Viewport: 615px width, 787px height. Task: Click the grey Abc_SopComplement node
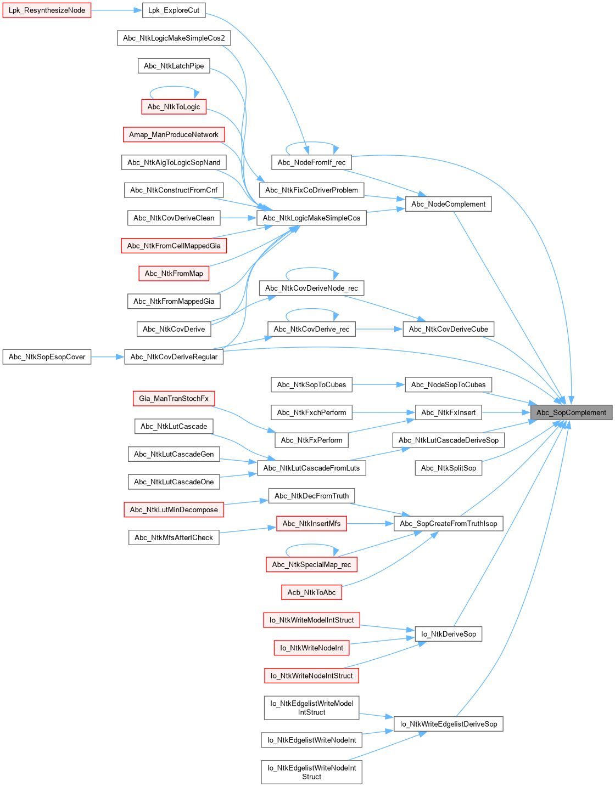(571, 412)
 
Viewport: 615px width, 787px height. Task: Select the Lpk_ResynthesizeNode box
(47, 10)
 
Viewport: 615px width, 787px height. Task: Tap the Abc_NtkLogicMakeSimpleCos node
(311, 218)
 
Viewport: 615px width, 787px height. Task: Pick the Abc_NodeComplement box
(448, 204)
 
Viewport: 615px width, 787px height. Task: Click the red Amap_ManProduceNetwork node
(174, 134)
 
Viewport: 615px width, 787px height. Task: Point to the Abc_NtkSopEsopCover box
(47, 357)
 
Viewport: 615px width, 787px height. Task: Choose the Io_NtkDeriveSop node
(448, 634)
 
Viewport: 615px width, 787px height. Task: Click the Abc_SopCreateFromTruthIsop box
(448, 524)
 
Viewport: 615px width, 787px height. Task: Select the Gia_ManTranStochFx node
(174, 399)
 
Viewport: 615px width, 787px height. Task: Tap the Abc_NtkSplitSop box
(448, 468)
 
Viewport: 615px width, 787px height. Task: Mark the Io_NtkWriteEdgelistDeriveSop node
(448, 724)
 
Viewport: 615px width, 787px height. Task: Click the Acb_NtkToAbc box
(311, 592)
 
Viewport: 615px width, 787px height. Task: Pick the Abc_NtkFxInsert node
(448, 412)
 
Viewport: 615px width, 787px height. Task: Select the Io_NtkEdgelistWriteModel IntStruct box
(311, 707)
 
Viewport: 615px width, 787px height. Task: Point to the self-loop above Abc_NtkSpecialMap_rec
(311, 545)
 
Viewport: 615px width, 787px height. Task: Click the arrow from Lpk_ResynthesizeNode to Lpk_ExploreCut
(116, 10)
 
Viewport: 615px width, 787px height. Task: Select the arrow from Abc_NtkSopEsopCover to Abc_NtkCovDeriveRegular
(108, 357)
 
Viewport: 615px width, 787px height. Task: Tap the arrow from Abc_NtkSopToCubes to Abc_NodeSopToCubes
(378, 384)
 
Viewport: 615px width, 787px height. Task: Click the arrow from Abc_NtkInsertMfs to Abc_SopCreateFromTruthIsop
(370, 524)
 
